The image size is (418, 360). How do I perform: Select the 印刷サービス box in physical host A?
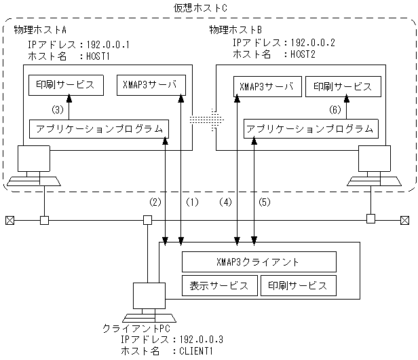(x=66, y=86)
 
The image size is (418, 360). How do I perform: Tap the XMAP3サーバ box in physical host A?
(x=150, y=86)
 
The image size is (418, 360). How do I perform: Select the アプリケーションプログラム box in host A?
(x=98, y=128)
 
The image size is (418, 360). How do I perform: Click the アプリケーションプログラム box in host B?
(x=310, y=128)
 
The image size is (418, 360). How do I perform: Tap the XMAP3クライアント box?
(x=259, y=262)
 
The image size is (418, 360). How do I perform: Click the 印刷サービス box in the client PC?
(x=299, y=285)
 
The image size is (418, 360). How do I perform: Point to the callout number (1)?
(x=193, y=202)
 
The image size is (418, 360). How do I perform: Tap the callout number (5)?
(x=265, y=202)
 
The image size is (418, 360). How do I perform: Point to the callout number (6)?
(x=334, y=109)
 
